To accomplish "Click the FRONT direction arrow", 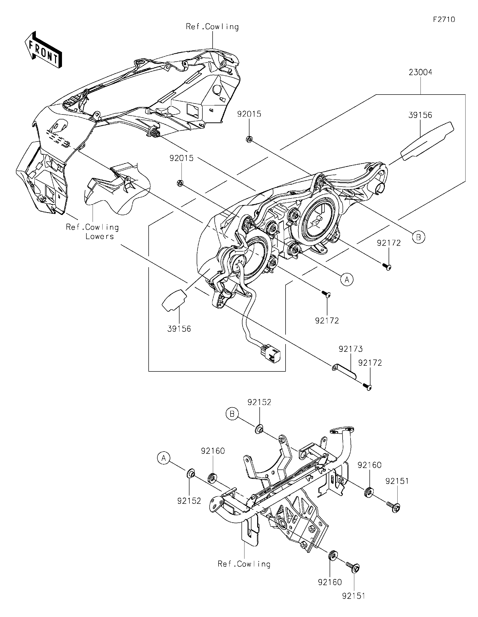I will (43, 50).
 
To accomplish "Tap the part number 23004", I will (420, 73).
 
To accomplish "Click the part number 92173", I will (350, 349).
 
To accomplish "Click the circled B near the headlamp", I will (418, 237).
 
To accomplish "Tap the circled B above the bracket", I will (232, 414).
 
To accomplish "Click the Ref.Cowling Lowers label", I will (92, 232).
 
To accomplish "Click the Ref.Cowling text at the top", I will (212, 27).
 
